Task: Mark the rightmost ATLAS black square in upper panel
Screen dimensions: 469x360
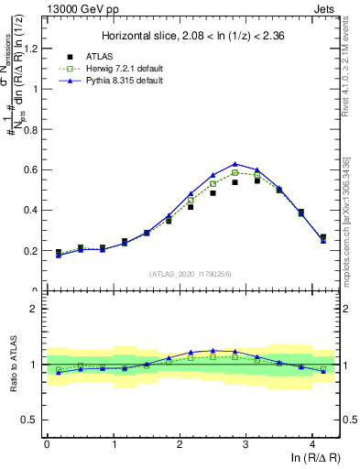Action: click(x=322, y=237)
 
